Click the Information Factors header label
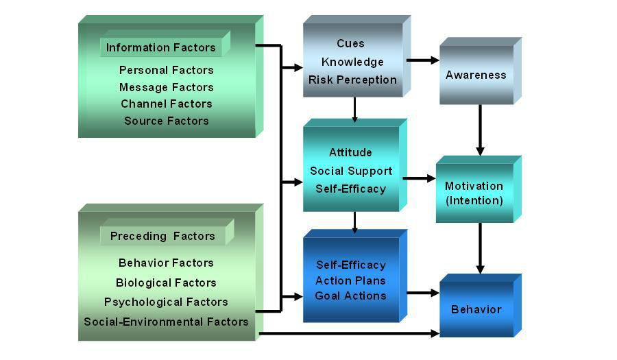[161, 47]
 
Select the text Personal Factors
[167, 70]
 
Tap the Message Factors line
[167, 87]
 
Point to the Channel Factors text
[167, 104]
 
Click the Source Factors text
[167, 121]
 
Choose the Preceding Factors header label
[162, 236]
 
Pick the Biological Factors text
[166, 283]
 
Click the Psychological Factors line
[166, 302]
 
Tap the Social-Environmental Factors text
[166, 321]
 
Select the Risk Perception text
[352, 80]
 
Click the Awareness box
[476, 75]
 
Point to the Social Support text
[351, 171]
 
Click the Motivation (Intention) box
[474, 193]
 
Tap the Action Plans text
[350, 280]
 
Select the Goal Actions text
[350, 296]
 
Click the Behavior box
[476, 309]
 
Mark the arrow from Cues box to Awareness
[422, 60]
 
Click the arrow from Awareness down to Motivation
[480, 130]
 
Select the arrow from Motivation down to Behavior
[480, 248]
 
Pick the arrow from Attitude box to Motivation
[419, 178]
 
